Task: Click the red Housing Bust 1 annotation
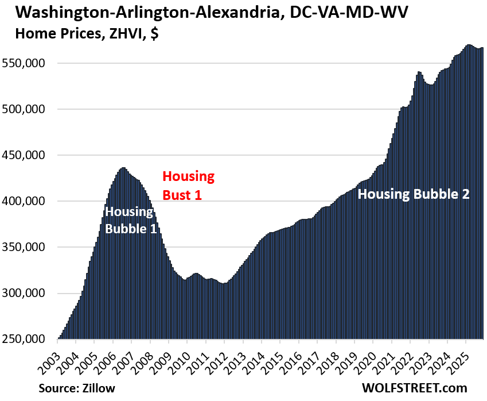(188, 185)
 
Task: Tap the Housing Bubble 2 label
(414, 194)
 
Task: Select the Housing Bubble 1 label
(129, 220)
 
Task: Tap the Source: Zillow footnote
(77, 388)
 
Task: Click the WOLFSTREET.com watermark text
(415, 388)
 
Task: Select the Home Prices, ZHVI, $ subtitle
(82, 34)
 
